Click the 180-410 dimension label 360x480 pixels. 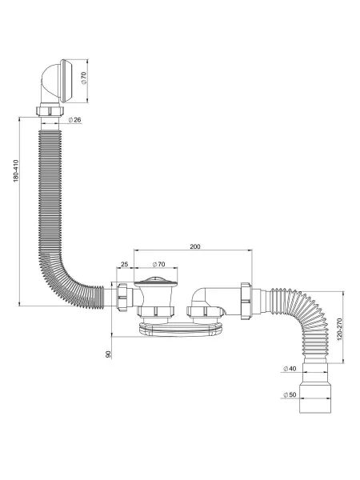point(16,171)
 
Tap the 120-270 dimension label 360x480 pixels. point(339,330)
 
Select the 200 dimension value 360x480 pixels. point(195,246)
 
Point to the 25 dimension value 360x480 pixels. point(124,264)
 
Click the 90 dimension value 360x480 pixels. point(108,354)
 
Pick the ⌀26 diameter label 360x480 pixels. point(75,120)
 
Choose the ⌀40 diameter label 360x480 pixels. point(290,369)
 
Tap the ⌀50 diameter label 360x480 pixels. point(290,394)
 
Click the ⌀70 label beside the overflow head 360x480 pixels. point(84,78)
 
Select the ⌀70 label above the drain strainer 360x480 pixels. point(158,264)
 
